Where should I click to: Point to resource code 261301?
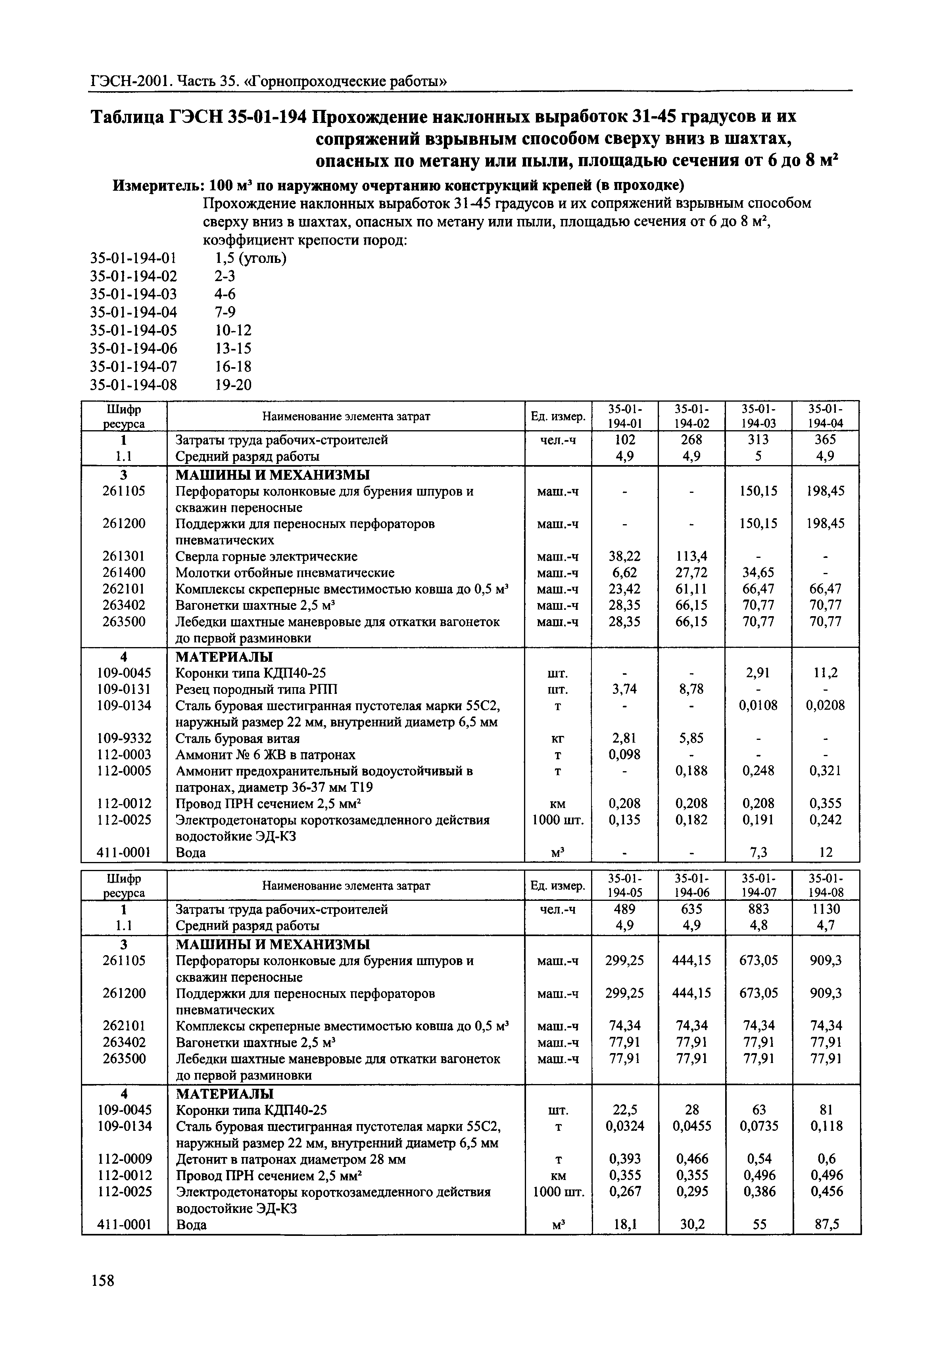point(123,556)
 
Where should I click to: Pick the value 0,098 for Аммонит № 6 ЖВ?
point(624,754)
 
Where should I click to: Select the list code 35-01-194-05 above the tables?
point(133,330)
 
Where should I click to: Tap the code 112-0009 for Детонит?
point(124,1159)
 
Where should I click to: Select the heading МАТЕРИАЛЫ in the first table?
point(224,656)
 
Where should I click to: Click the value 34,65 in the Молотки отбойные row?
point(758,572)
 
